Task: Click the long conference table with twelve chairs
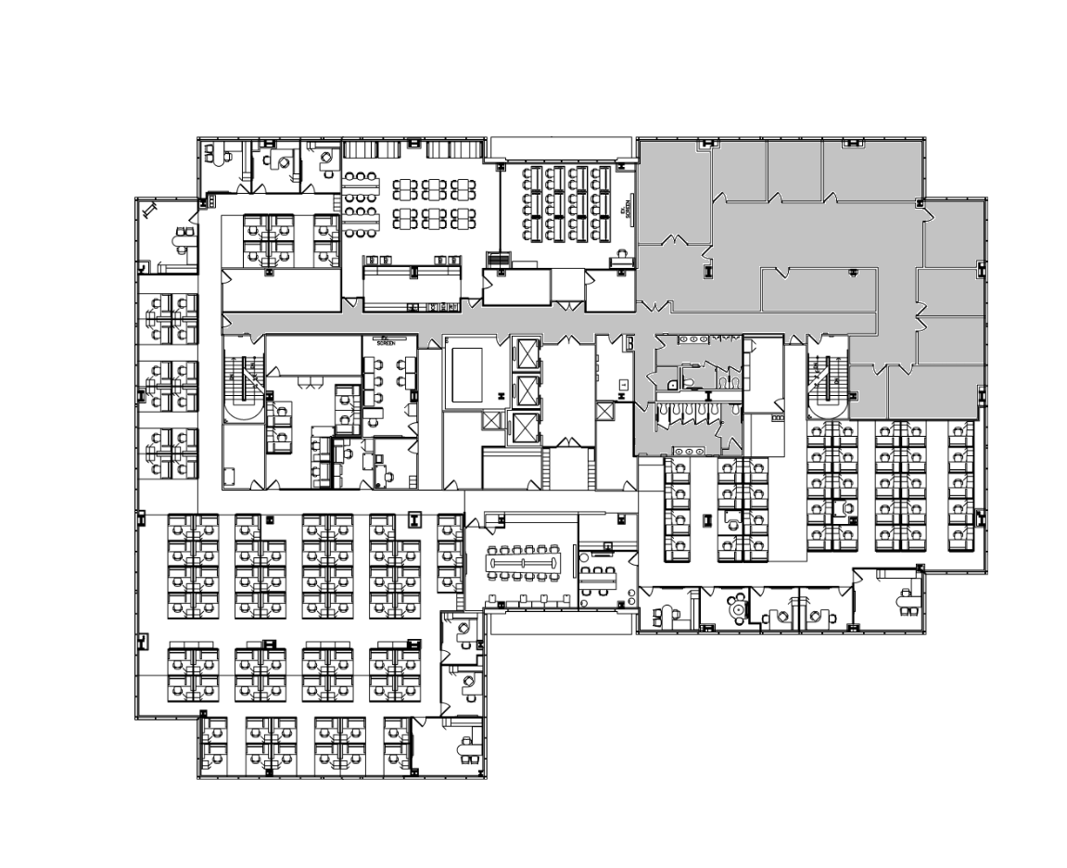(x=524, y=562)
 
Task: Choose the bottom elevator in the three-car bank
(x=526, y=428)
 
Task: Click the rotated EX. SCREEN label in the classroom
(x=628, y=211)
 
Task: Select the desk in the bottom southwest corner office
(x=462, y=747)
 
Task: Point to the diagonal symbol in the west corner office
(x=151, y=211)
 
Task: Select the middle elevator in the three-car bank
(x=526, y=390)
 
